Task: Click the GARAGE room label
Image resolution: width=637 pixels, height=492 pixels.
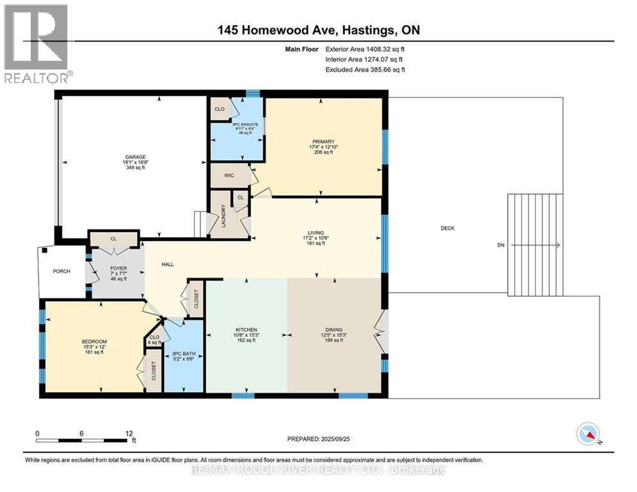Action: coord(136,157)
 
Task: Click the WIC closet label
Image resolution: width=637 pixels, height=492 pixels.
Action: coord(228,175)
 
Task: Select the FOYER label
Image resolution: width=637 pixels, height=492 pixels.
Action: coord(117,268)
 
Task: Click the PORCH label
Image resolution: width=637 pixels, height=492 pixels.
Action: coord(61,271)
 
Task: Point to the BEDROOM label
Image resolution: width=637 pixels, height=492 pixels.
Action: coord(93,341)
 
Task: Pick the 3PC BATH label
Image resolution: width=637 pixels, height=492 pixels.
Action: coord(182,354)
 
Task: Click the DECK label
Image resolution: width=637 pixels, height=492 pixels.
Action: coord(448,228)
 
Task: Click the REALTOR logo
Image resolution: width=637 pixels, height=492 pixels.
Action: coord(36,44)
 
